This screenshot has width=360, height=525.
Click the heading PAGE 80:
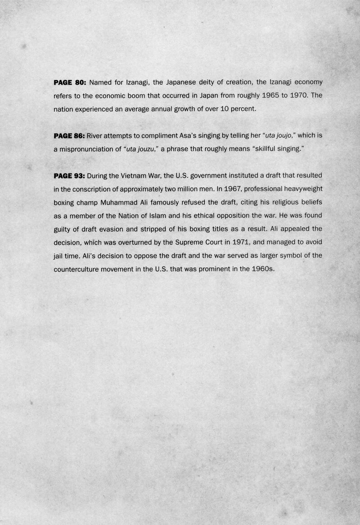pyautogui.click(x=70, y=83)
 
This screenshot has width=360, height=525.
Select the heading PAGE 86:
pyautogui.click(x=69, y=136)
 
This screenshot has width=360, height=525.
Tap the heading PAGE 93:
pyautogui.click(x=70, y=175)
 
